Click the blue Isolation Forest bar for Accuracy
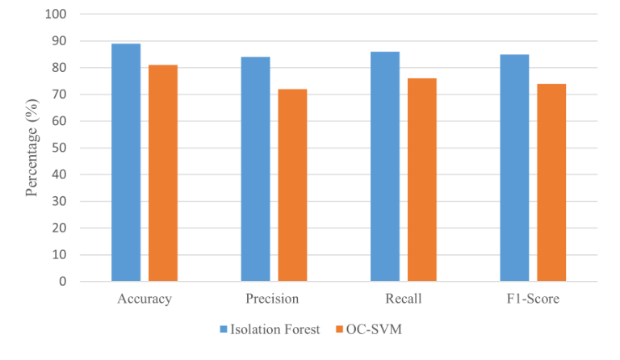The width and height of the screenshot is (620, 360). pyautogui.click(x=126, y=162)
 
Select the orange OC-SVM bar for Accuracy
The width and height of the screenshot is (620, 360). pyautogui.click(x=163, y=173)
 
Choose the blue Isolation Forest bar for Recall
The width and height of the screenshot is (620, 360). pyautogui.click(x=385, y=166)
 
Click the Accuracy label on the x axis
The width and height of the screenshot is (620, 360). pyautogui.click(x=144, y=299)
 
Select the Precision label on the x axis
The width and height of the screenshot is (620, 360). pyautogui.click(x=273, y=299)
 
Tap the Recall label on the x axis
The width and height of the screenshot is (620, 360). pyautogui.click(x=403, y=299)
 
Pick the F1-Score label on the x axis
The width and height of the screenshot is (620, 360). pyautogui.click(x=532, y=299)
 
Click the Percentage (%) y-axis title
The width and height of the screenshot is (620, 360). pyautogui.click(x=32, y=149)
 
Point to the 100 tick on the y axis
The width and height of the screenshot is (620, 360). pyautogui.click(x=67, y=15)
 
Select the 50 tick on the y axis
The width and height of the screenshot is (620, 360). pyautogui.click(x=70, y=148)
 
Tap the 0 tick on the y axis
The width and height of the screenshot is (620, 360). pyautogui.click(x=73, y=282)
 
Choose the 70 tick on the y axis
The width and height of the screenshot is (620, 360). pyautogui.click(x=70, y=94)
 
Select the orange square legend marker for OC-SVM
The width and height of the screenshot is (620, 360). pyautogui.click(x=339, y=329)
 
